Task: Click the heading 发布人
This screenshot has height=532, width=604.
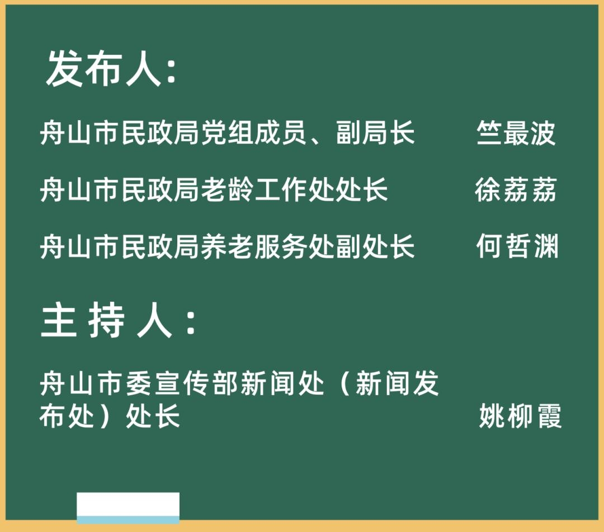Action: tap(103, 69)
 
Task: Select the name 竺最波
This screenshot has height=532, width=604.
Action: tap(516, 133)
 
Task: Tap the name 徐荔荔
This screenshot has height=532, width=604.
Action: tap(516, 189)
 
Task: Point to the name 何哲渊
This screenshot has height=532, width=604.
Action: tap(517, 246)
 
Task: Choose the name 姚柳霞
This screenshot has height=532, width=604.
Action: tap(521, 416)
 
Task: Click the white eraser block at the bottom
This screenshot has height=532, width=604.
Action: tap(128, 508)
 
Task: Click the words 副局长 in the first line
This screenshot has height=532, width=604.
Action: tap(375, 133)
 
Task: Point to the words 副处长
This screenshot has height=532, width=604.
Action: tap(375, 246)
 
